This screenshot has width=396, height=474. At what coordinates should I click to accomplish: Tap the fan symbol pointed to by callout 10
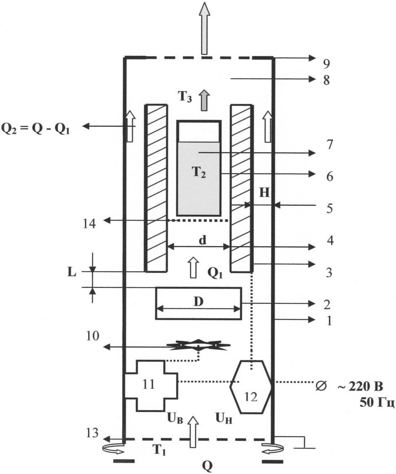198,345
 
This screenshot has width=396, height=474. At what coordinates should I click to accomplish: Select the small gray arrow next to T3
204,101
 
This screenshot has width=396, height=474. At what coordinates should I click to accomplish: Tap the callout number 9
326,64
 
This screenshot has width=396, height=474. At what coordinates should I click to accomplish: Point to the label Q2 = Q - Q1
35,128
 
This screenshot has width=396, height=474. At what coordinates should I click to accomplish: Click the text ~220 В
360,385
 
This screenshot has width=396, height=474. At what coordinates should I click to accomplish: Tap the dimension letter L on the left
72,272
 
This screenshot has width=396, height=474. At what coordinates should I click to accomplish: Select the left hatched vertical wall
156,188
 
